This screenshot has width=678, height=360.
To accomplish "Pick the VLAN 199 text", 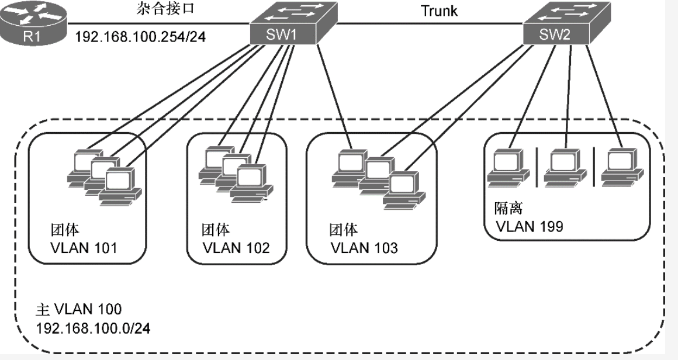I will coord(530,227).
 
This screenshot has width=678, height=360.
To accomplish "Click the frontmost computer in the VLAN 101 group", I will coord(117,185).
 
